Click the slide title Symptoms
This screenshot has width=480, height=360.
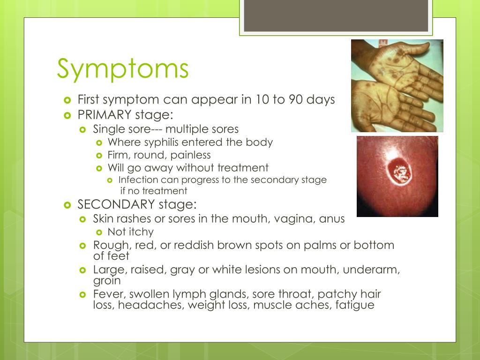point(123,69)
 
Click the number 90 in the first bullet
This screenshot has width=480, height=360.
point(296,99)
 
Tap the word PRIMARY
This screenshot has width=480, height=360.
point(105,115)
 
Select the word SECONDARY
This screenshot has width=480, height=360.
point(116,204)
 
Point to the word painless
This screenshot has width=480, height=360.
point(190,155)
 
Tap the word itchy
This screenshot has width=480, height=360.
point(141,232)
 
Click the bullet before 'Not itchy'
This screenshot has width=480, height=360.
point(99,232)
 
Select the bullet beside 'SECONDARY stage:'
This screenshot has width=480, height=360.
point(67,205)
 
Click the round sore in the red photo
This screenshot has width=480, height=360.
point(399,172)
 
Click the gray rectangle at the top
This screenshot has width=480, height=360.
point(336,15)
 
